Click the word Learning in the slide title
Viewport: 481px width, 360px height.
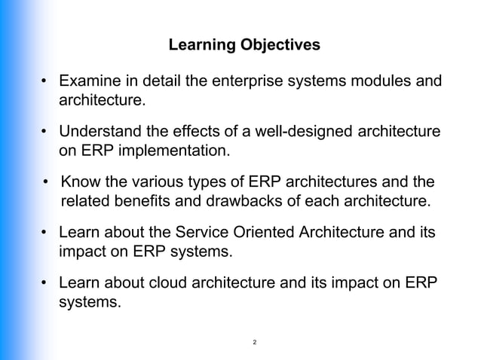point(198,46)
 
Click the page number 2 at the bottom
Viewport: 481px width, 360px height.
point(255,343)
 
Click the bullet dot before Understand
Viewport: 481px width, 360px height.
point(45,133)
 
